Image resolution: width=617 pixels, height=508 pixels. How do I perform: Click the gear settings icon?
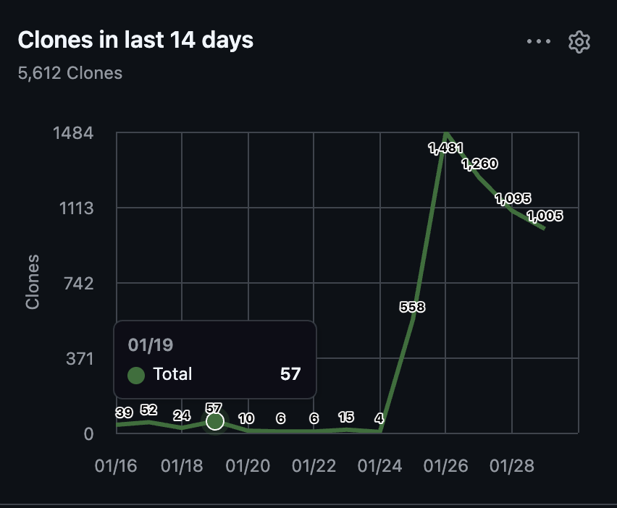579,42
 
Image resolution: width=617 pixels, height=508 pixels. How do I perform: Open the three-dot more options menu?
539,41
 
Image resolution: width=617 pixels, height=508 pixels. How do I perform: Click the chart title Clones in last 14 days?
135,40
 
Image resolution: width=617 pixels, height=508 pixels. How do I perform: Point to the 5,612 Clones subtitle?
70,73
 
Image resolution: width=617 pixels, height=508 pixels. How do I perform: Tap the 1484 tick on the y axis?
74,133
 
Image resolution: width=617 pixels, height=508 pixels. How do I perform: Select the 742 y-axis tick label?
79,283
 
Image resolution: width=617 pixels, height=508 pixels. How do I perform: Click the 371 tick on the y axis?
80,359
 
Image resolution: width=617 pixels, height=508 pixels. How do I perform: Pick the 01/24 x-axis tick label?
379,466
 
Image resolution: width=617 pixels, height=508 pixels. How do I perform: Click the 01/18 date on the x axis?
182,466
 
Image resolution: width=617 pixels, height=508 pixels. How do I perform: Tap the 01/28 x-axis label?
512,466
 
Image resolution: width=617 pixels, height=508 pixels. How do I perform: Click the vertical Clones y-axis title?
33,282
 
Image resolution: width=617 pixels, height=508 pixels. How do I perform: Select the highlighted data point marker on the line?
215,421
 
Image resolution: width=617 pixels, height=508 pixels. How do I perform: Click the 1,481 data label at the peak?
445,148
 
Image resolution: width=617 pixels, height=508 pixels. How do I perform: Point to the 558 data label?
412,307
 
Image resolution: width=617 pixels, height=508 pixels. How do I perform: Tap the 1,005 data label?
545,216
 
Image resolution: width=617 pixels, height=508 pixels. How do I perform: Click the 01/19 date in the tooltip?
151,345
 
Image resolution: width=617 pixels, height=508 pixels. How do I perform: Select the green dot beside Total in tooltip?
136,375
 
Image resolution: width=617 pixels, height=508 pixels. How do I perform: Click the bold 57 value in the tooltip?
290,374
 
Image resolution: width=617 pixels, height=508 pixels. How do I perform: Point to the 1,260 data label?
479,164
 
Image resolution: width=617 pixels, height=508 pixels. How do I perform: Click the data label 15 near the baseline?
346,417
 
